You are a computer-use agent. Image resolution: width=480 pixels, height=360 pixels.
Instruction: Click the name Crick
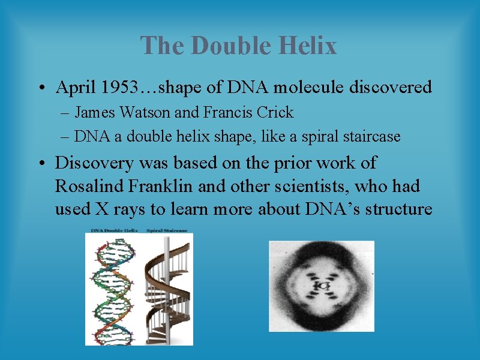tap(274, 113)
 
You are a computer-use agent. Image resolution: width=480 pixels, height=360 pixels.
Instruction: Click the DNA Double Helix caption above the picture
tap(115, 230)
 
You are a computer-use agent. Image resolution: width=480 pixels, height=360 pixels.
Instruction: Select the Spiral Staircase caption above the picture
tap(166, 230)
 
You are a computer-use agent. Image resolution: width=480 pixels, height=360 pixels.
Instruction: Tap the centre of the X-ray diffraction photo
tap(321, 286)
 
